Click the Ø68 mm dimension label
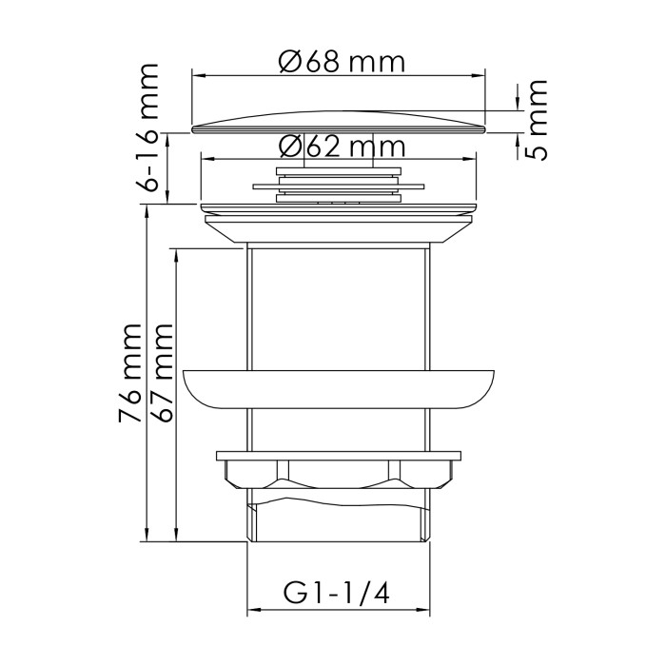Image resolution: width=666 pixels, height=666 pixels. coord(342,62)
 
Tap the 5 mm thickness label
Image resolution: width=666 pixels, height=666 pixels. coord(538,121)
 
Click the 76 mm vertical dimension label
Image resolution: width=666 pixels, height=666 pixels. coord(131,373)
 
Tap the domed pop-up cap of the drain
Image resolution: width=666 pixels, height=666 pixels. coord(340,122)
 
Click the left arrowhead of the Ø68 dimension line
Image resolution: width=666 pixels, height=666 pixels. coord(197,73)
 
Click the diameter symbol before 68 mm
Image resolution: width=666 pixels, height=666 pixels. coord(291,62)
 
